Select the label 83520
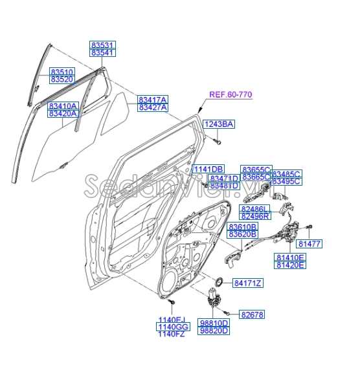(63, 80)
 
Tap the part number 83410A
(62, 105)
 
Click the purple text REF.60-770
(231, 95)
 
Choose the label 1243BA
(219, 124)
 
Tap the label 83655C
(256, 169)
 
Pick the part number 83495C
(286, 182)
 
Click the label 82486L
(255, 210)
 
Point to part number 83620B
(243, 235)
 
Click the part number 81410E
(289, 257)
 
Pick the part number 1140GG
(172, 328)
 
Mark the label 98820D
(214, 331)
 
